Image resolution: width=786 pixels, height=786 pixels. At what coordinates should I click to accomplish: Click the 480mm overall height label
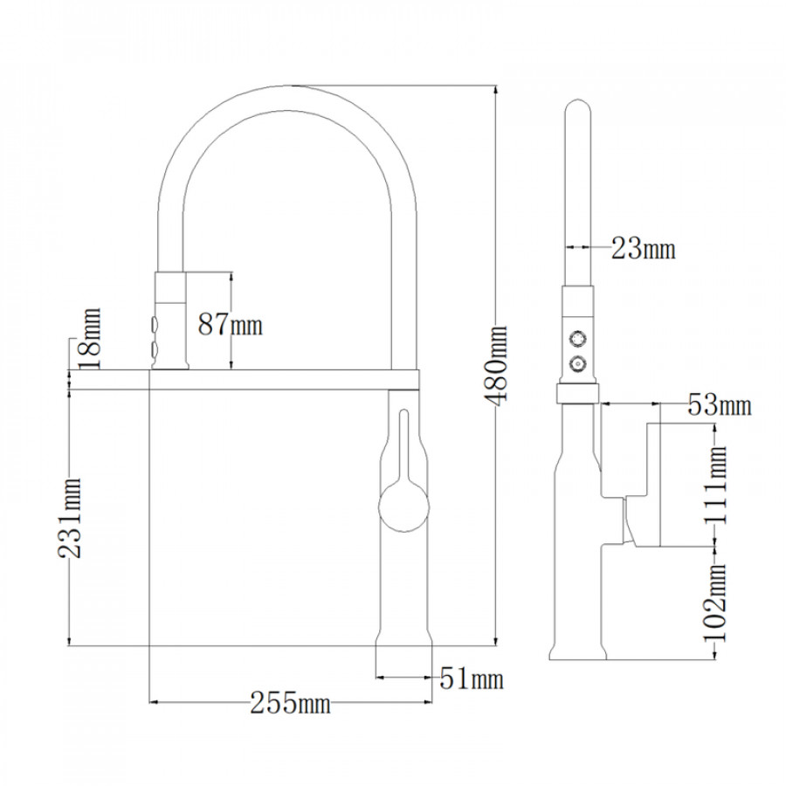pyautogui.click(x=496, y=365)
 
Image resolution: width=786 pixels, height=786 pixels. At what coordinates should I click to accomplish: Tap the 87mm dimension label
pyautogui.click(x=230, y=324)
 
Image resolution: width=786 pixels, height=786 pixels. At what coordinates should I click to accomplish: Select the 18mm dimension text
pyautogui.click(x=91, y=338)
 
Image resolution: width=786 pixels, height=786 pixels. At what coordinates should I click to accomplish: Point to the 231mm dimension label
pyautogui.click(x=69, y=518)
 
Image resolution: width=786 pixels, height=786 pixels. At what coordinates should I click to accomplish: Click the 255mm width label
pyautogui.click(x=290, y=703)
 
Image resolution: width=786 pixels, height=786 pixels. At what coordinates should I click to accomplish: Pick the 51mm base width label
pyautogui.click(x=472, y=679)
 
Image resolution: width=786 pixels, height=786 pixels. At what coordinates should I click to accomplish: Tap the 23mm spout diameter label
pyautogui.click(x=643, y=248)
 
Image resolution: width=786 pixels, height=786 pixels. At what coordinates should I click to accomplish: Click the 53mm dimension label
pyautogui.click(x=720, y=404)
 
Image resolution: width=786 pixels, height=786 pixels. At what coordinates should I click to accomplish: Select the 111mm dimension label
pyautogui.click(x=715, y=485)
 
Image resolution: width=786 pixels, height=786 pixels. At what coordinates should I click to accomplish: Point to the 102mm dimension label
pyautogui.click(x=715, y=603)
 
